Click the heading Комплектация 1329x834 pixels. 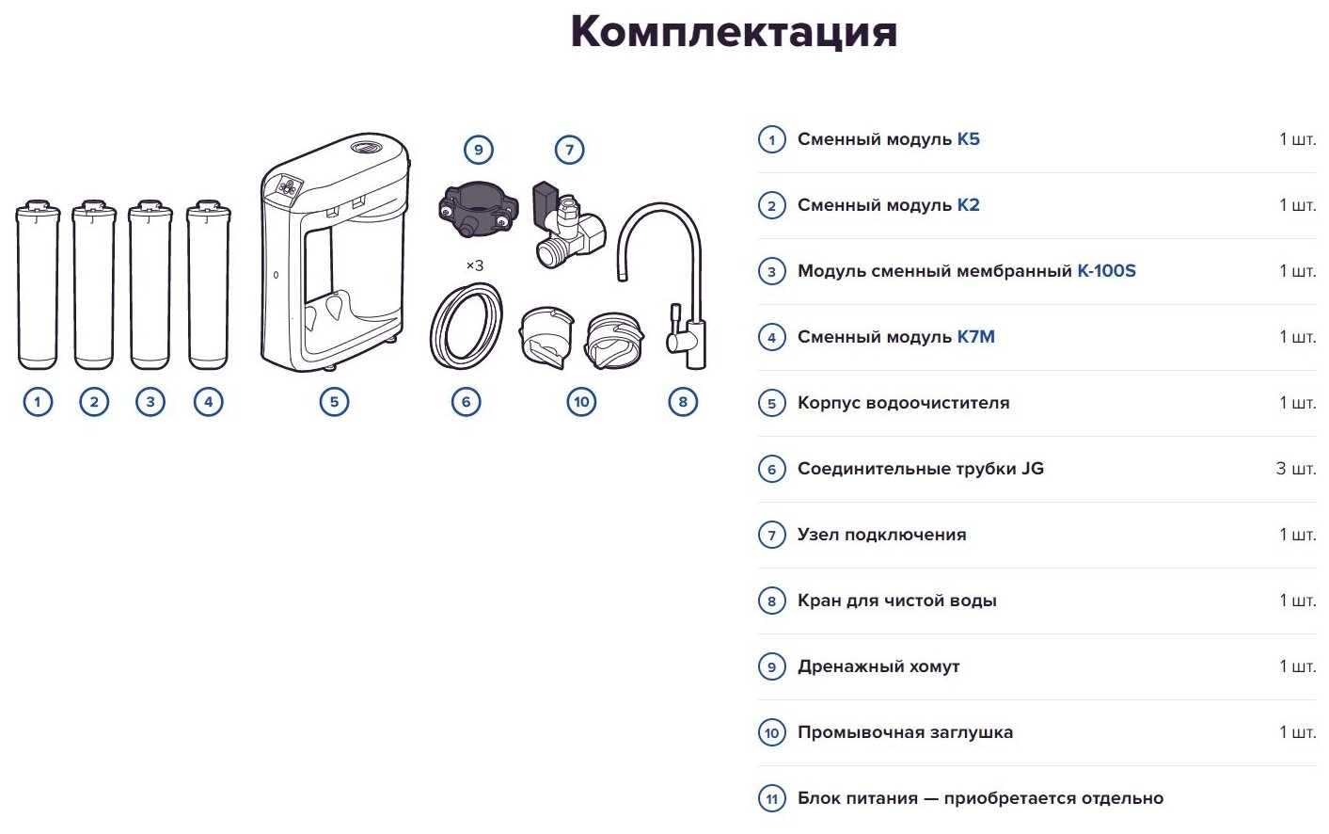click(x=734, y=32)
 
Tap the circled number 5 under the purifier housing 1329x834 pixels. click(x=334, y=402)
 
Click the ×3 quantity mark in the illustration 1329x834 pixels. click(x=475, y=266)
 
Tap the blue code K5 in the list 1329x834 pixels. click(x=968, y=139)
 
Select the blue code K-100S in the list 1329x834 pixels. click(x=1106, y=271)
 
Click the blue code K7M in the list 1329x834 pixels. click(x=975, y=337)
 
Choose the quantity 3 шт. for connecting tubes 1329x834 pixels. click(x=1295, y=469)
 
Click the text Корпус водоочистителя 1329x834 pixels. click(x=903, y=403)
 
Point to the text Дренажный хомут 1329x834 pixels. click(x=878, y=666)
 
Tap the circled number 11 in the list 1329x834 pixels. click(x=772, y=799)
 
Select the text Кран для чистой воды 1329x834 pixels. click(x=896, y=601)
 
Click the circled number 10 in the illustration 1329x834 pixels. click(x=581, y=402)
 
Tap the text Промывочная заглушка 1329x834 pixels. click(x=905, y=732)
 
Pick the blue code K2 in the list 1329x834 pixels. click(x=968, y=205)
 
